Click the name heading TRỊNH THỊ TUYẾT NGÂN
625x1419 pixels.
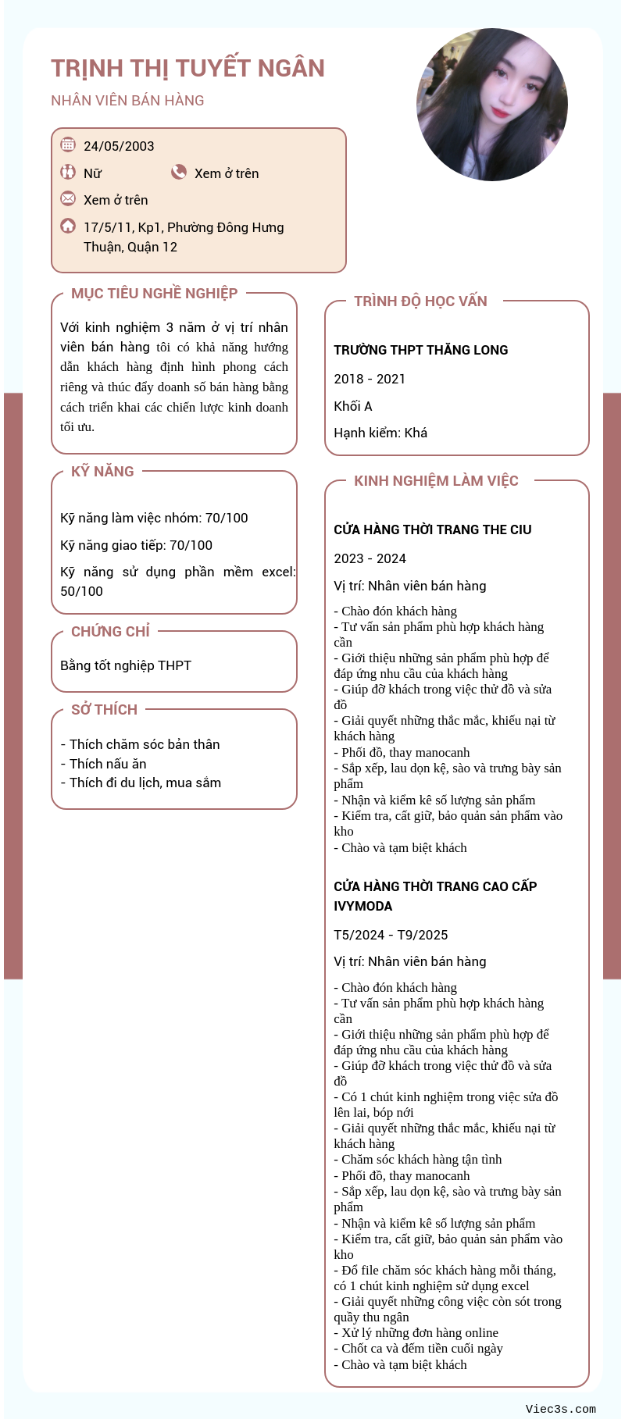(x=187, y=69)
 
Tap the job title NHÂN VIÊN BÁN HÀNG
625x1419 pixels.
(x=127, y=101)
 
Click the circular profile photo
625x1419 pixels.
(x=492, y=105)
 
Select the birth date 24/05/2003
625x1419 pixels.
(x=119, y=146)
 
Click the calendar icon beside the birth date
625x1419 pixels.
(x=68, y=144)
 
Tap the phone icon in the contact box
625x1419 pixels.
(x=179, y=172)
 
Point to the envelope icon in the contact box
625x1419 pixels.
(x=68, y=198)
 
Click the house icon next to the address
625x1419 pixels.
(x=68, y=226)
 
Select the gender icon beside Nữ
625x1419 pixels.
(x=68, y=172)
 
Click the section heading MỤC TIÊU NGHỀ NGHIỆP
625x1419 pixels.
(x=154, y=294)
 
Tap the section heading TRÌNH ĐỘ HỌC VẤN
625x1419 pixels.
(x=420, y=301)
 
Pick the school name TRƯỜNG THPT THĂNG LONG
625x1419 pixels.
(x=420, y=350)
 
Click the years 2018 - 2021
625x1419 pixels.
(x=370, y=379)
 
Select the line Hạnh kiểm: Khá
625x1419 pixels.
(x=380, y=433)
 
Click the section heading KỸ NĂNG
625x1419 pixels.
(x=102, y=472)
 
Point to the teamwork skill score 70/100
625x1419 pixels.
(x=227, y=518)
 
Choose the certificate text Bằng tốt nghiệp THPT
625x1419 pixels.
(x=126, y=665)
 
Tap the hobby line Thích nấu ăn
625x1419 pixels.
(x=108, y=764)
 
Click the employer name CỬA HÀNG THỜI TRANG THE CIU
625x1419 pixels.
(x=432, y=529)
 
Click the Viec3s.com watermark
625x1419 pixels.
(x=560, y=1409)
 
